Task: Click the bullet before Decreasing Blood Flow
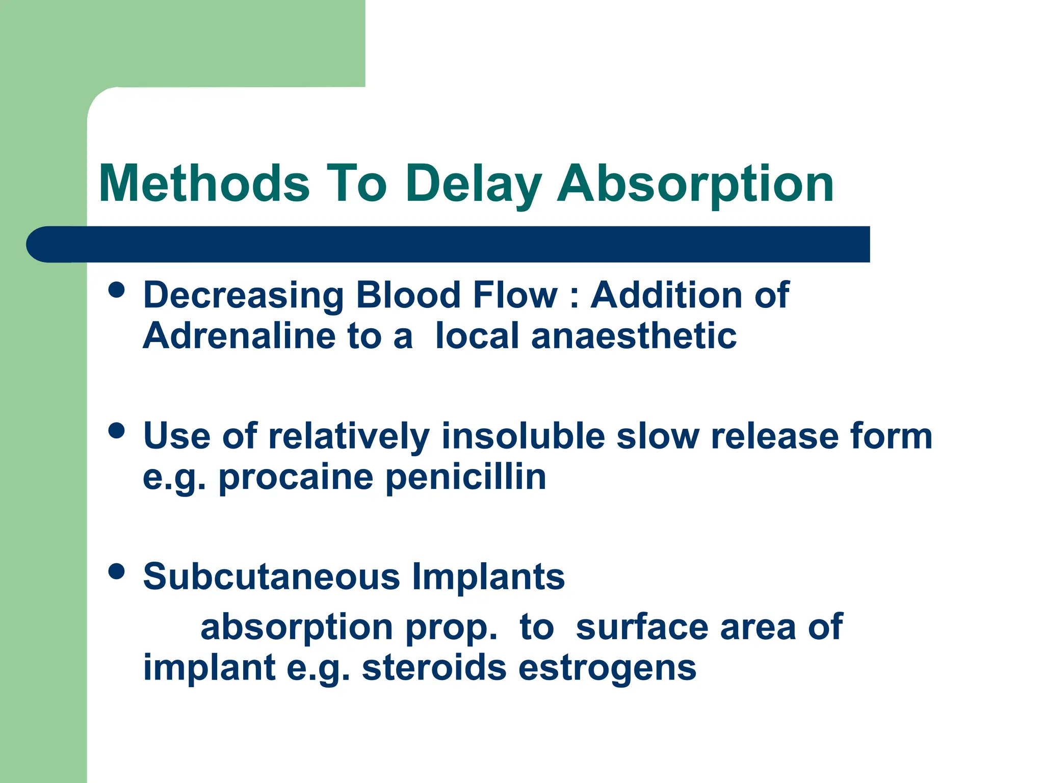[x=117, y=290]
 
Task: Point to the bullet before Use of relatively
[x=117, y=431]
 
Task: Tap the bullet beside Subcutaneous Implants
[x=117, y=571]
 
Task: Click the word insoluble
[x=523, y=436]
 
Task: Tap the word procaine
[x=296, y=478]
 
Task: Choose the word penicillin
[x=465, y=477]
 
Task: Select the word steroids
[x=434, y=668]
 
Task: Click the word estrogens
[x=607, y=669]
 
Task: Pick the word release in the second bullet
[x=774, y=436]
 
